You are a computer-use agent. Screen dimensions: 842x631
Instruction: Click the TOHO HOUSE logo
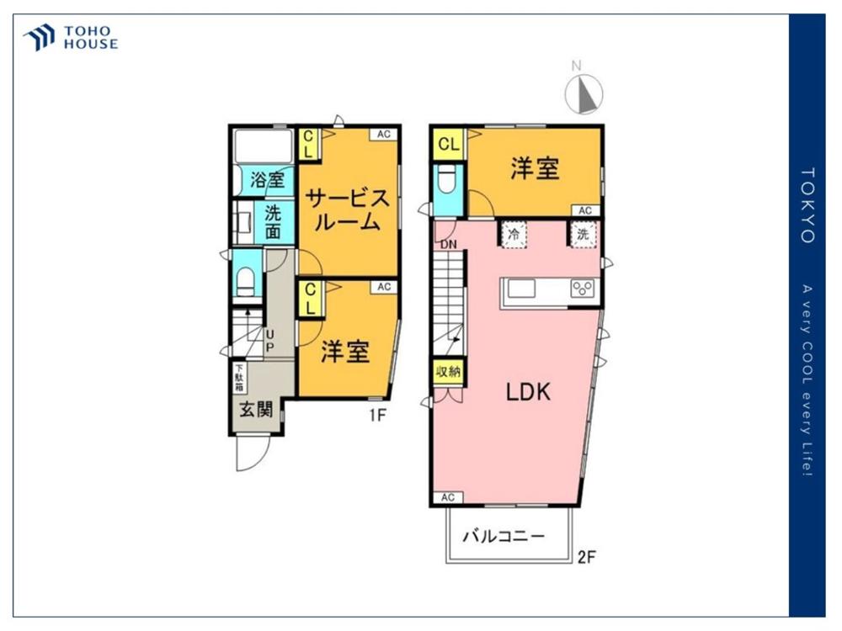tap(71, 38)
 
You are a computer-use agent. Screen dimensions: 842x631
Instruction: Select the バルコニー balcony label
tap(504, 535)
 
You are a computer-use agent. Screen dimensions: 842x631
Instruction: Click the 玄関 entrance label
tap(256, 410)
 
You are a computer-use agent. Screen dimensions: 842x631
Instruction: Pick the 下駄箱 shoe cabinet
tap(239, 379)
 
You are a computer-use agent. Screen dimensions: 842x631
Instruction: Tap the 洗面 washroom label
tap(273, 221)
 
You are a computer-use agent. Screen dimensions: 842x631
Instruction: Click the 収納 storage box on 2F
tap(449, 371)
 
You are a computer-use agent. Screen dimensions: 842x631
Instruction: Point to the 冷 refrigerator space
tap(514, 235)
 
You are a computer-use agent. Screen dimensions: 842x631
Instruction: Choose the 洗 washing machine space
tap(584, 235)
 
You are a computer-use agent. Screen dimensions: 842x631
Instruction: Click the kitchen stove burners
tap(583, 289)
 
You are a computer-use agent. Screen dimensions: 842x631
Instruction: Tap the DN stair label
tap(449, 245)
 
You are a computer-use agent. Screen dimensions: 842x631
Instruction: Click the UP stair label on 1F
tap(269, 341)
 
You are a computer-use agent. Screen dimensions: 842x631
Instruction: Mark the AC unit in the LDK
tap(448, 497)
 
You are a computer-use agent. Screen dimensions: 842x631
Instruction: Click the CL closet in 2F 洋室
tap(449, 144)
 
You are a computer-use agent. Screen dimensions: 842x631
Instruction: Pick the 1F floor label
tap(377, 415)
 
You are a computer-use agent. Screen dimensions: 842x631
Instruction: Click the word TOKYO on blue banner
tap(807, 205)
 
